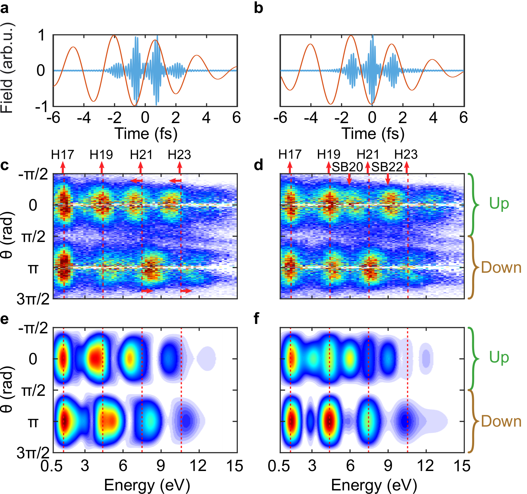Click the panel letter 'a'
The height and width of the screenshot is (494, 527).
pyautogui.click(x=5, y=8)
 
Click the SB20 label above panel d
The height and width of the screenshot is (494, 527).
pyautogui.click(x=347, y=167)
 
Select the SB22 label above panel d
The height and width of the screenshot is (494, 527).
pyautogui.click(x=387, y=167)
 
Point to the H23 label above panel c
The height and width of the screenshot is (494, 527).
pyautogui.click(x=179, y=155)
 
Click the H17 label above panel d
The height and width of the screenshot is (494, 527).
pyautogui.click(x=290, y=155)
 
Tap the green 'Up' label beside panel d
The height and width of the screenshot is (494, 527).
pyautogui.click(x=499, y=204)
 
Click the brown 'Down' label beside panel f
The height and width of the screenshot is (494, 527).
pyautogui.click(x=501, y=421)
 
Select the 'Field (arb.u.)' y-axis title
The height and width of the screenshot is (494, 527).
pyautogui.click(x=7, y=68)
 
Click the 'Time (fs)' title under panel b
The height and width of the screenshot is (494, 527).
pyautogui.click(x=373, y=134)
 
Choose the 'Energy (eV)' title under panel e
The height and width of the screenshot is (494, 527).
pyautogui.click(x=147, y=486)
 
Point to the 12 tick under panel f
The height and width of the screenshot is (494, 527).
pyautogui.click(x=425, y=466)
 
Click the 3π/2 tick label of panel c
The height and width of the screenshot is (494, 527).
pyautogui.click(x=33, y=299)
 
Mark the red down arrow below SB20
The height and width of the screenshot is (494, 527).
pyautogui.click(x=349, y=179)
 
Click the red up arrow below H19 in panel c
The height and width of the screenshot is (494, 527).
pyautogui.click(x=102, y=167)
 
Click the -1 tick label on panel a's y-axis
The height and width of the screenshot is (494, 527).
pyautogui.click(x=42, y=106)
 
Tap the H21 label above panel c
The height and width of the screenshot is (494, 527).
pyautogui.click(x=141, y=155)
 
